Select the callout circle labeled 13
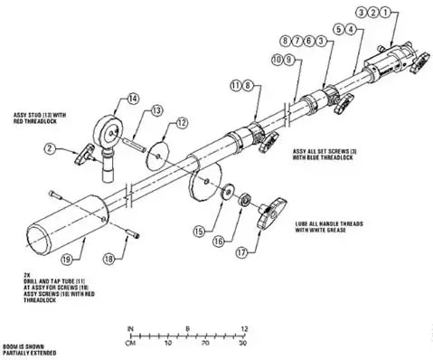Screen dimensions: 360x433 click(x=156, y=109)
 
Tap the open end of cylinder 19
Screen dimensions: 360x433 click(x=40, y=238)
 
